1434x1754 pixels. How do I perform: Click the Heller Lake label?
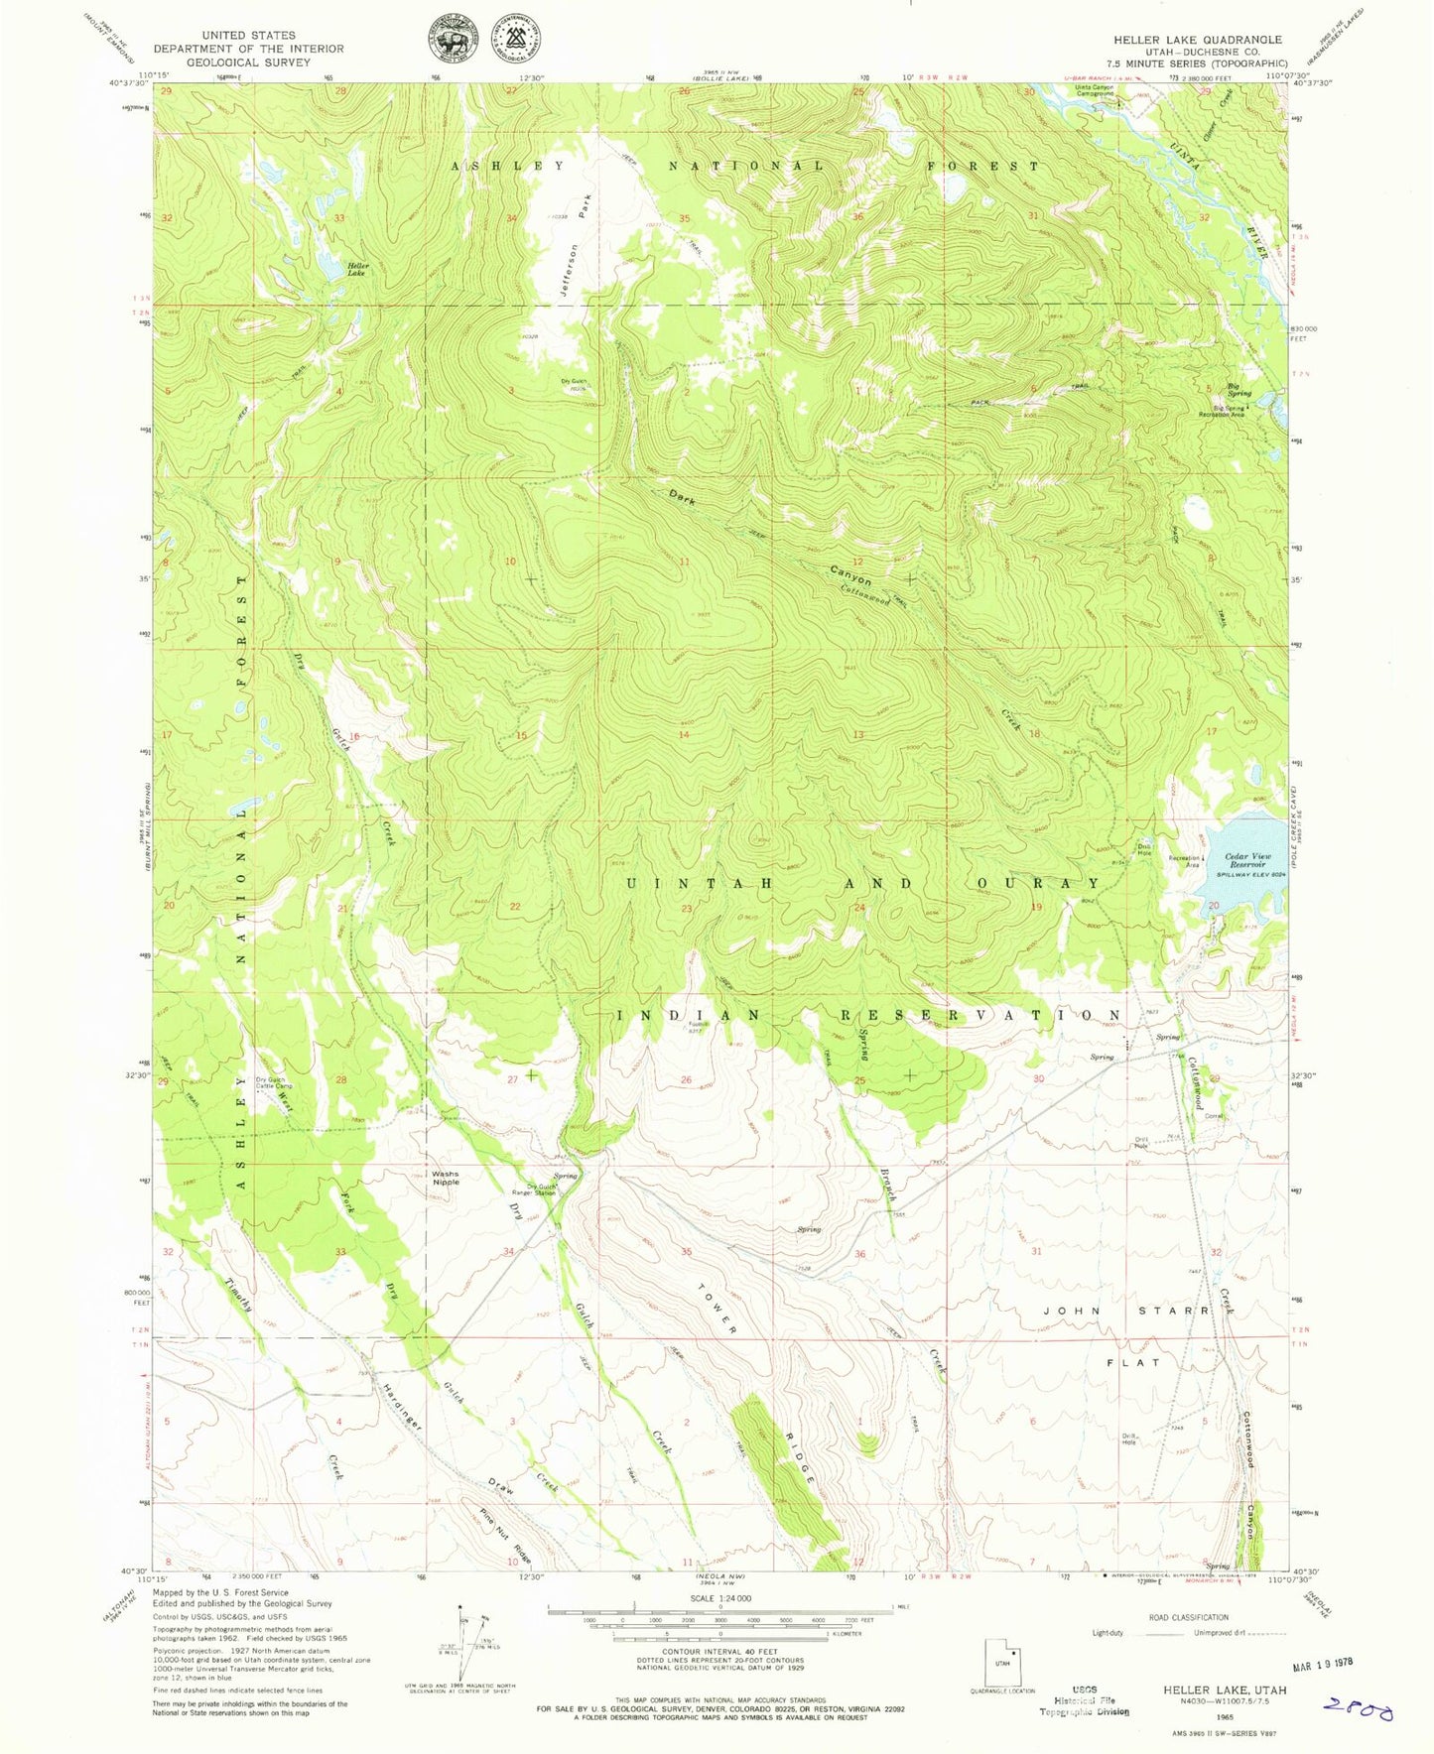pyautogui.click(x=356, y=269)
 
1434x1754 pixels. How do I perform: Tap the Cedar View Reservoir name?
pyautogui.click(x=1247, y=860)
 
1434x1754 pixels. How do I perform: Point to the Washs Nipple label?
pyautogui.click(x=445, y=1178)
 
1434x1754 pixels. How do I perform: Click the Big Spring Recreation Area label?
pyautogui.click(x=1222, y=411)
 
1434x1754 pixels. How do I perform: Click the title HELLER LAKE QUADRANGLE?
pyautogui.click(x=1197, y=40)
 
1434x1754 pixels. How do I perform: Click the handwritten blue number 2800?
pyautogui.click(x=1359, y=1710)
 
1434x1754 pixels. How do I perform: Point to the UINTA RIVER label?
pyautogui.click(x=1221, y=198)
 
